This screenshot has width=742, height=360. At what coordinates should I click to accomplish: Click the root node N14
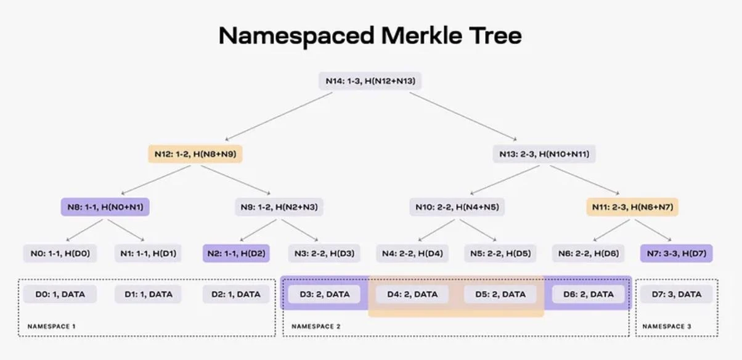[x=370, y=81]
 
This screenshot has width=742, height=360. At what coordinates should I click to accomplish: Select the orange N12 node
[x=195, y=154]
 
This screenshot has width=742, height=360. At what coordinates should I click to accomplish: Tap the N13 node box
[x=544, y=154]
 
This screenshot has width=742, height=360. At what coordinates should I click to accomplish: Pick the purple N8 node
[x=105, y=207]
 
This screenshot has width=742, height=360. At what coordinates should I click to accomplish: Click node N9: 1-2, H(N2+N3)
[x=279, y=207]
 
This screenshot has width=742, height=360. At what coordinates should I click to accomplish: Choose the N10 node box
[x=457, y=207]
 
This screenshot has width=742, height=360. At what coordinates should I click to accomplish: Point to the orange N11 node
[x=632, y=207]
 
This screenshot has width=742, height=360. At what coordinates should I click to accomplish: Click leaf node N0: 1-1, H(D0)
[x=60, y=253]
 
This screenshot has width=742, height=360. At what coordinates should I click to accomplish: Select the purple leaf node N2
[x=236, y=253]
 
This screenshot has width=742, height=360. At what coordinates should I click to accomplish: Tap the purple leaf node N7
[x=677, y=253]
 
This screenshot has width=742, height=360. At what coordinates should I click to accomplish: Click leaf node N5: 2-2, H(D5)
[x=500, y=253]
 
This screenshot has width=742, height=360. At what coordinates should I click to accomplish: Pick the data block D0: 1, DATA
[x=60, y=294]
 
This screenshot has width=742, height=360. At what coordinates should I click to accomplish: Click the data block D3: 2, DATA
[x=324, y=294]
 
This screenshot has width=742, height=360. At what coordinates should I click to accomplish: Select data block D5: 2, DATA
[x=500, y=294]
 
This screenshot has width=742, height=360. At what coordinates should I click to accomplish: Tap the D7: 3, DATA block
[x=677, y=294]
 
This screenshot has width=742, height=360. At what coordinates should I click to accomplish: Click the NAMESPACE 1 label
[x=51, y=327]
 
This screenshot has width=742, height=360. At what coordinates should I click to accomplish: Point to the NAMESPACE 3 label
[x=667, y=327]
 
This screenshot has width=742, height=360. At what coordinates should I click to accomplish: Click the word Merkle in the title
[x=422, y=35]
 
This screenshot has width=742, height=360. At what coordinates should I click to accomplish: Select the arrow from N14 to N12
[x=279, y=117]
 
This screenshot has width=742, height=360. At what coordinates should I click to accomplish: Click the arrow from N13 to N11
[x=585, y=180]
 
